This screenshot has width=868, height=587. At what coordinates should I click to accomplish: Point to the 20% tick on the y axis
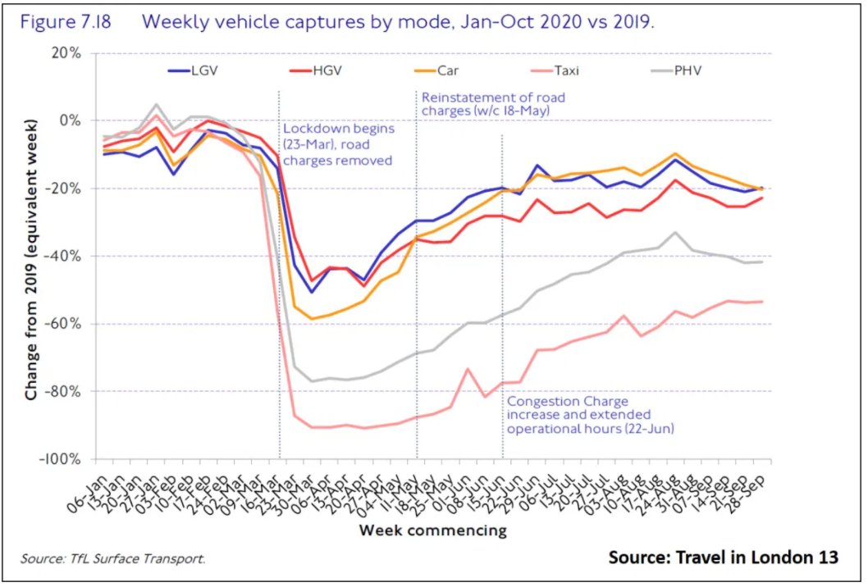pyautogui.click(x=63, y=53)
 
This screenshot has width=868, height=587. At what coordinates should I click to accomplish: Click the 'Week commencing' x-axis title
pyautogui.click(x=432, y=530)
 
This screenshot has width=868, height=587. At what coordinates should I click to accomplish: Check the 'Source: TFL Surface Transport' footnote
pyautogui.click(x=114, y=559)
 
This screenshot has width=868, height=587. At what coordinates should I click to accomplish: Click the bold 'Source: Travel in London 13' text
pyautogui.click(x=723, y=557)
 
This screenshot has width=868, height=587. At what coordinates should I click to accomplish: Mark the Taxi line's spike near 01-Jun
pyautogui.click(x=468, y=369)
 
